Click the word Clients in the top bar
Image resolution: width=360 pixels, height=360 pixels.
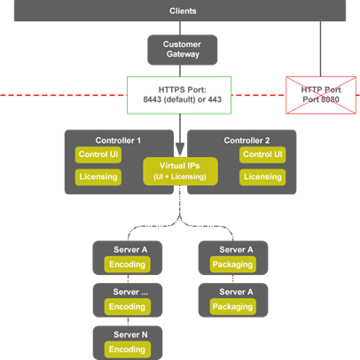pos(183,11)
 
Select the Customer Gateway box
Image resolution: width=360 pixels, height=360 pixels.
pos(183,50)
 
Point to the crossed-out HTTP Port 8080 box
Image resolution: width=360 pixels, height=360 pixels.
pos(321,95)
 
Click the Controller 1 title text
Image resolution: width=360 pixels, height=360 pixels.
pos(118,140)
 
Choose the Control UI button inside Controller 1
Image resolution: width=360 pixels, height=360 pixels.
pos(98,154)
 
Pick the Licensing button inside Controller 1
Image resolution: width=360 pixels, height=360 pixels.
pos(98,177)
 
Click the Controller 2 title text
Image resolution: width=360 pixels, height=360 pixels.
pos(247,140)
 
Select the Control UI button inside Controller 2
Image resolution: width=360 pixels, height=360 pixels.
pos(262,154)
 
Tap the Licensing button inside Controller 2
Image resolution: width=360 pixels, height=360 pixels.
pos(262,177)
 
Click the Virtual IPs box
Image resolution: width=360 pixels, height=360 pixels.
pos(180,171)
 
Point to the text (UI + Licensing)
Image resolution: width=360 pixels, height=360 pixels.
pos(180,176)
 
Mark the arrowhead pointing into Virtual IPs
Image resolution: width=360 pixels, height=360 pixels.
pos(180,150)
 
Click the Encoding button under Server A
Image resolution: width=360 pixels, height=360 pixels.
pos(127,264)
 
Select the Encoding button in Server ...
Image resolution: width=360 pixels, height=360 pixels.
pos(127,307)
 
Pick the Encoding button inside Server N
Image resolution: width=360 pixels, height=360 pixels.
pos(127,349)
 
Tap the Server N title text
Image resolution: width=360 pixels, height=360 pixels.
pos(130,334)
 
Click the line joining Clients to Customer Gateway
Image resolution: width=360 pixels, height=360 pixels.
pos(180,28)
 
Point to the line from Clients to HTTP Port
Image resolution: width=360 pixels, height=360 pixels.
pos(320,49)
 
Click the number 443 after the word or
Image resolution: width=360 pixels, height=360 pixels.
pos(215,99)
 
